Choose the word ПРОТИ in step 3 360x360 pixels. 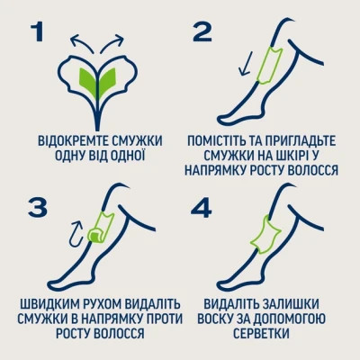point(150,316)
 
